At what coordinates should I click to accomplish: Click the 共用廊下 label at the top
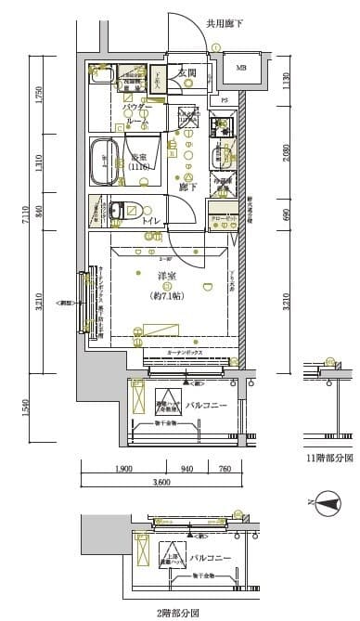[x=224, y=23]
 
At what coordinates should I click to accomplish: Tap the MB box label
[x=240, y=67]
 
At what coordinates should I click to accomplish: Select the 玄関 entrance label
[x=186, y=72]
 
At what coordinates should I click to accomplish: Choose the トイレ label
[x=148, y=220]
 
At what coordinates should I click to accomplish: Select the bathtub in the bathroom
[x=103, y=163]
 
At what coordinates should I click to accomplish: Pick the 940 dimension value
[x=187, y=469]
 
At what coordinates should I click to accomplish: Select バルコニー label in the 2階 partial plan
[x=206, y=558]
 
